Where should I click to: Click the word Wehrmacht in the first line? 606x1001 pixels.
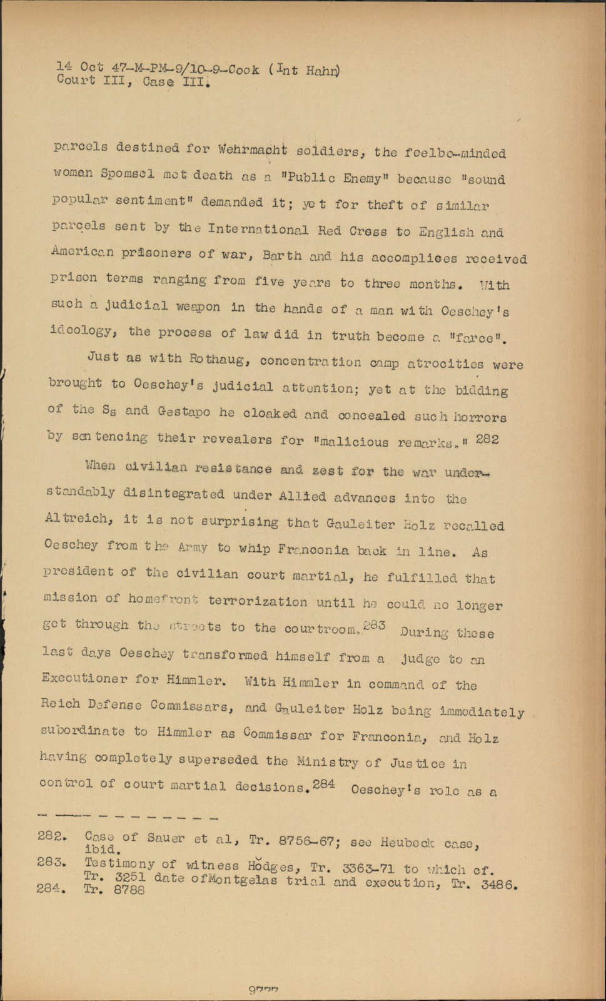coord(253,150)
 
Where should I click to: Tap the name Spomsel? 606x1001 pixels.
coord(124,175)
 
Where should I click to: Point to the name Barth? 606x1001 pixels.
coord(281,256)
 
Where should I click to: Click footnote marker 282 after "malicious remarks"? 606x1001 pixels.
coord(487,439)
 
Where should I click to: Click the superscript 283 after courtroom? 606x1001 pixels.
coord(376,625)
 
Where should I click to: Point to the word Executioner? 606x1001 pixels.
coord(84,679)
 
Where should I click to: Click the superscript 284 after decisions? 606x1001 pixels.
coord(325,783)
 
